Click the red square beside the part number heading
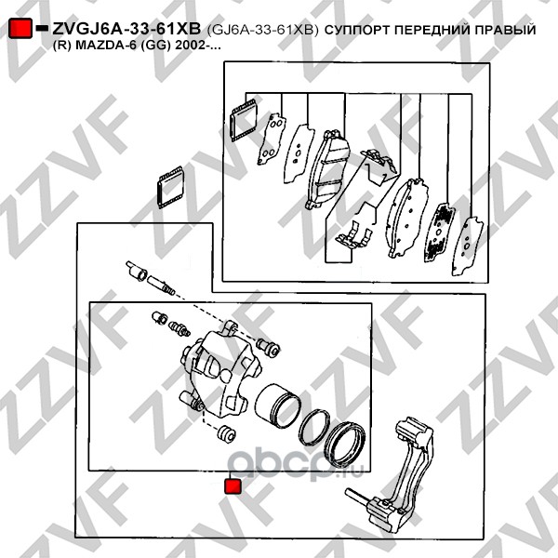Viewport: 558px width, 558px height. point(20,29)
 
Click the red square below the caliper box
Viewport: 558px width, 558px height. point(233,486)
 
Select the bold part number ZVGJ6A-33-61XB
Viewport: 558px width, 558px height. point(126,29)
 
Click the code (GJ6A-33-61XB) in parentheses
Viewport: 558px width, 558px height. point(262,30)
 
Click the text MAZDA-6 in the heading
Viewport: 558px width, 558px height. point(105,46)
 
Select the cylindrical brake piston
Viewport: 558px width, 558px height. point(278,406)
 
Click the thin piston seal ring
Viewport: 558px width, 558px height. point(314,428)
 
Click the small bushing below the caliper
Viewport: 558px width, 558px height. point(226,434)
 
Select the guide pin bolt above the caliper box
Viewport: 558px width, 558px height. point(150,278)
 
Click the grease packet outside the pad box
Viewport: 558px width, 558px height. point(170,187)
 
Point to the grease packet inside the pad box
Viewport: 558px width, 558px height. point(244,120)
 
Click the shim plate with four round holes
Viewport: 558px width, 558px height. point(272,139)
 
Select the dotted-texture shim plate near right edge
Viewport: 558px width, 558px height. point(440,232)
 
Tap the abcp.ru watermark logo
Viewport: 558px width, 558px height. point(295,464)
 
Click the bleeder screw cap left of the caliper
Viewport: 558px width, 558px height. point(159,317)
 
